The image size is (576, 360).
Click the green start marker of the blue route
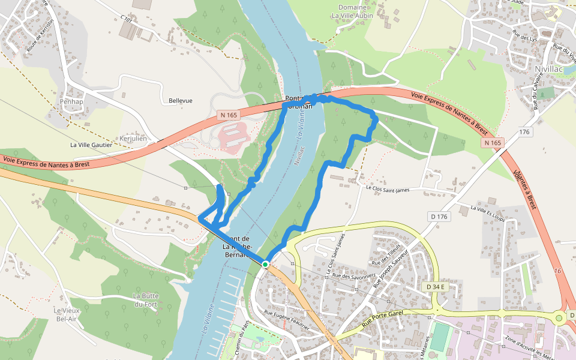265,264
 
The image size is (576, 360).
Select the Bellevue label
181,101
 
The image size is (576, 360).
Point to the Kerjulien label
133,139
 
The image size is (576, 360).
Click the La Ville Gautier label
91,145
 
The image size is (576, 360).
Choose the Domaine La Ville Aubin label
352,11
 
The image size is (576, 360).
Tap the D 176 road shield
439,216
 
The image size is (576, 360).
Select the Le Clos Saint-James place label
388,190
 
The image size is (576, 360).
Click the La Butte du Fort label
145,300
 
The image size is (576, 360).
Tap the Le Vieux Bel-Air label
67,314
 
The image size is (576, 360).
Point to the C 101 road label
126,20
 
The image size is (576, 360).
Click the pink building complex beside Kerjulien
233,136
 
